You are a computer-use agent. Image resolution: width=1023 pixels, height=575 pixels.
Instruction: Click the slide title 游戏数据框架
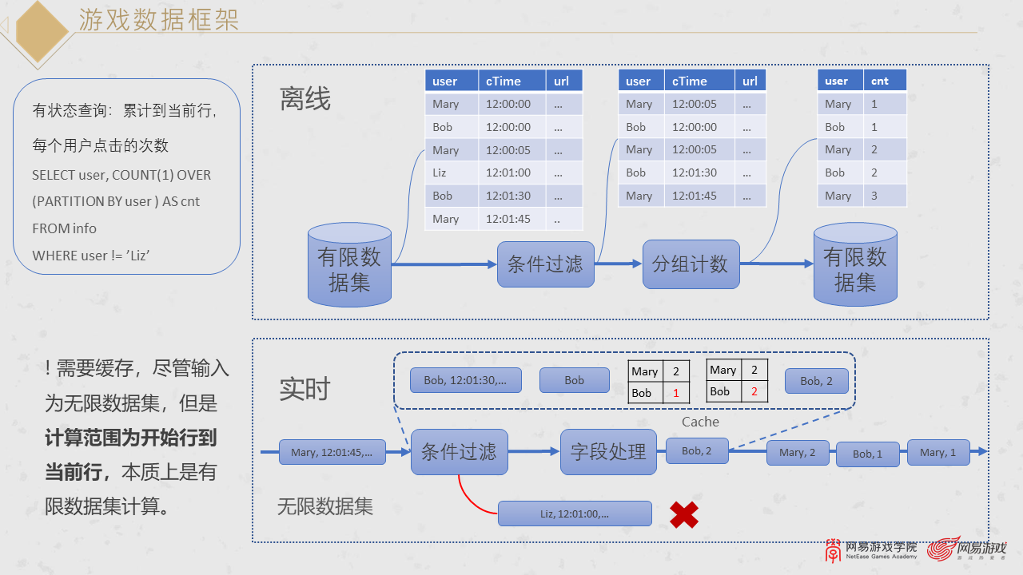click(x=158, y=20)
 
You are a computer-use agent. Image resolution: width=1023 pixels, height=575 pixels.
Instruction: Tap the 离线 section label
click(x=305, y=99)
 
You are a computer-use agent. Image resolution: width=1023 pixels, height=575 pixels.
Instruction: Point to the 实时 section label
click(x=305, y=389)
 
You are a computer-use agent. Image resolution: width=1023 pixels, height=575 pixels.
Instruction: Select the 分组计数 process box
click(x=691, y=264)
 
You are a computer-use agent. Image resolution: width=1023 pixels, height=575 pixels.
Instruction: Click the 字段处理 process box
click(x=608, y=451)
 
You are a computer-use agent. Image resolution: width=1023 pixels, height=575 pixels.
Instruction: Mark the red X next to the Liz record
click(x=684, y=515)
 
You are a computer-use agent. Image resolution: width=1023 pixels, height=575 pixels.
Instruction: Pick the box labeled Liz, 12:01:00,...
click(x=575, y=514)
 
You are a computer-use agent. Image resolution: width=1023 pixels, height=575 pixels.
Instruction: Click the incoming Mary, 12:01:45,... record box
click(x=332, y=452)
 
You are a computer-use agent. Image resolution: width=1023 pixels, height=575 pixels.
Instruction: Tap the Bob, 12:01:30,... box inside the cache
click(x=465, y=380)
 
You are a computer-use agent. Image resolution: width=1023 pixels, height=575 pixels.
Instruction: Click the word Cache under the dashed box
click(x=700, y=422)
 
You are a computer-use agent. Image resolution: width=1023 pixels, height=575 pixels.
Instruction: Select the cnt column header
click(x=885, y=81)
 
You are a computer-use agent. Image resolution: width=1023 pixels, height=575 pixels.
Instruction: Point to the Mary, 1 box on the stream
click(x=938, y=452)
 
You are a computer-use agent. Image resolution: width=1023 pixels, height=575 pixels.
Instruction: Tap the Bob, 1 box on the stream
click(x=867, y=454)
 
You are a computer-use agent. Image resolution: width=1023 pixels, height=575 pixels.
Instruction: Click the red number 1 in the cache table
click(x=676, y=393)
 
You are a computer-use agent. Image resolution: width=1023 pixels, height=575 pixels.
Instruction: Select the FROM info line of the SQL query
click(x=65, y=228)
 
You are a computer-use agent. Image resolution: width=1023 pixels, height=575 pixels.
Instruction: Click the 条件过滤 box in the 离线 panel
click(x=545, y=264)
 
